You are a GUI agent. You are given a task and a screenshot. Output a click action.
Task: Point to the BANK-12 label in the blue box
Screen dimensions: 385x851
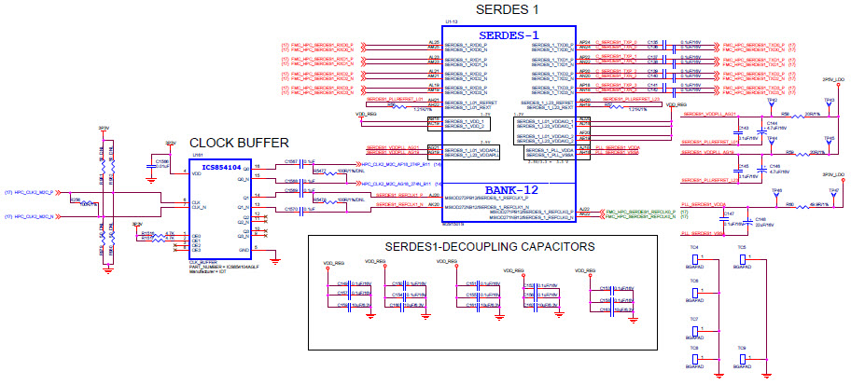[507, 190]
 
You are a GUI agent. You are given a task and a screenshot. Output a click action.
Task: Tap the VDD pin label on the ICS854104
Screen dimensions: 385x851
[196, 173]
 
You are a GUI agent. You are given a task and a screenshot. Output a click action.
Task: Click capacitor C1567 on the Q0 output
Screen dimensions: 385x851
[291, 162]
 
